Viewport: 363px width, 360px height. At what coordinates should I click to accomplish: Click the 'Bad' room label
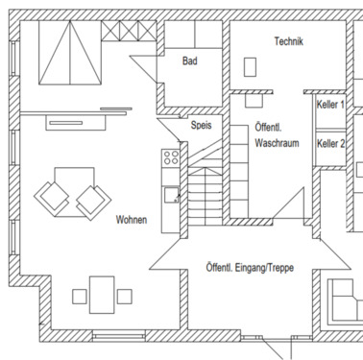point(190,60)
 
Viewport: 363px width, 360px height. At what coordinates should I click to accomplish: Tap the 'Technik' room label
point(288,41)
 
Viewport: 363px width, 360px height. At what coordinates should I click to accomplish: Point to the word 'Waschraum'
point(278,142)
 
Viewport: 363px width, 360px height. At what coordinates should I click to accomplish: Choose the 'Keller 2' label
point(331,143)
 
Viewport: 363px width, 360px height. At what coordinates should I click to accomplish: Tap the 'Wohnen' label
point(132,220)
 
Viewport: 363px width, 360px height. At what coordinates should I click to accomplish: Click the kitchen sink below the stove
point(171,195)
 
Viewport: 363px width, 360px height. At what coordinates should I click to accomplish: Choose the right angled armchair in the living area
point(92,200)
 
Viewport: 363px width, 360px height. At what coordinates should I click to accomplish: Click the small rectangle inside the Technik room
point(252,67)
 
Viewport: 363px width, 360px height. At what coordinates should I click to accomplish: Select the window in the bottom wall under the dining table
point(118,335)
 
